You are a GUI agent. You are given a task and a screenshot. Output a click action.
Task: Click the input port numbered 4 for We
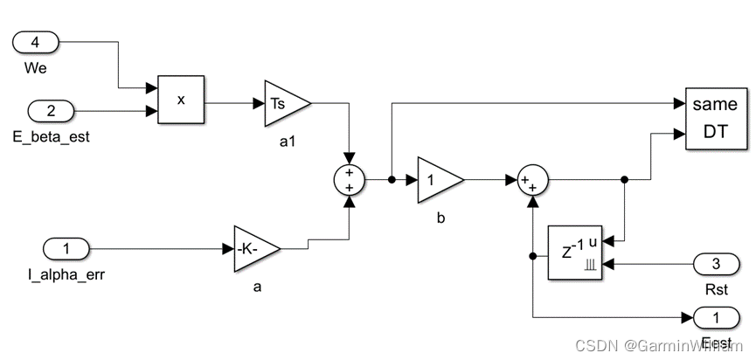coord(36,41)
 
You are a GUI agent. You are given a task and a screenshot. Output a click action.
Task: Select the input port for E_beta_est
coord(52,111)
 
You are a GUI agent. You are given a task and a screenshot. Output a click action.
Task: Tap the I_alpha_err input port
coord(66,248)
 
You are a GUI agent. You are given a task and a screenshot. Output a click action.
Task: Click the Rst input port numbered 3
coord(716,263)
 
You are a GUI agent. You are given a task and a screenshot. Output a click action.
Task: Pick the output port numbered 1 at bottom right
coord(714,316)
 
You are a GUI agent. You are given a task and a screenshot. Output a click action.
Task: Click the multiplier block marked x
coord(180,100)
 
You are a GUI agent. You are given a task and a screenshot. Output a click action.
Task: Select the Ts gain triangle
coord(283,103)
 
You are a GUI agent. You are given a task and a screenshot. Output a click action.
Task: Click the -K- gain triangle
coord(254,249)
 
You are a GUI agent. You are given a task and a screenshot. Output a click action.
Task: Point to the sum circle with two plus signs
coord(350,180)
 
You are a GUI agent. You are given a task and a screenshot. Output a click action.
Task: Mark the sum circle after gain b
coord(532,180)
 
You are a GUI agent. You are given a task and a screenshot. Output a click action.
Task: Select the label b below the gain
coord(440,218)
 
